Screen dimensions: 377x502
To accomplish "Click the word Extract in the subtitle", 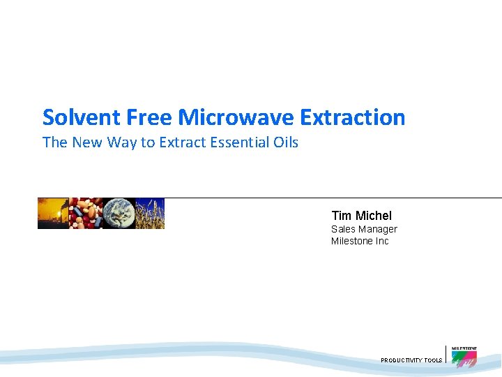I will coord(183,142).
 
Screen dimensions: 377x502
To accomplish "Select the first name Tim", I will coord(342,216).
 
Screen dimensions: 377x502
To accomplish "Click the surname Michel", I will coord(374,216).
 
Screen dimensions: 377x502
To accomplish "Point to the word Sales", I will coord(343,229).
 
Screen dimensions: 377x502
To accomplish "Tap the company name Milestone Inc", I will coord(360,241).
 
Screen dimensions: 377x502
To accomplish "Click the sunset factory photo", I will coord(53,214).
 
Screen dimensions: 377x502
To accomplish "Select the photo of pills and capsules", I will coord(85,214).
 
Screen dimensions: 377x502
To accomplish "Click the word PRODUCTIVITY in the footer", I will coord(401,360).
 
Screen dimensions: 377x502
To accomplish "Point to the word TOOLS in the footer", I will coord(433,360).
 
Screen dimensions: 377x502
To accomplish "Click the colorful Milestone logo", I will coord(464,356).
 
